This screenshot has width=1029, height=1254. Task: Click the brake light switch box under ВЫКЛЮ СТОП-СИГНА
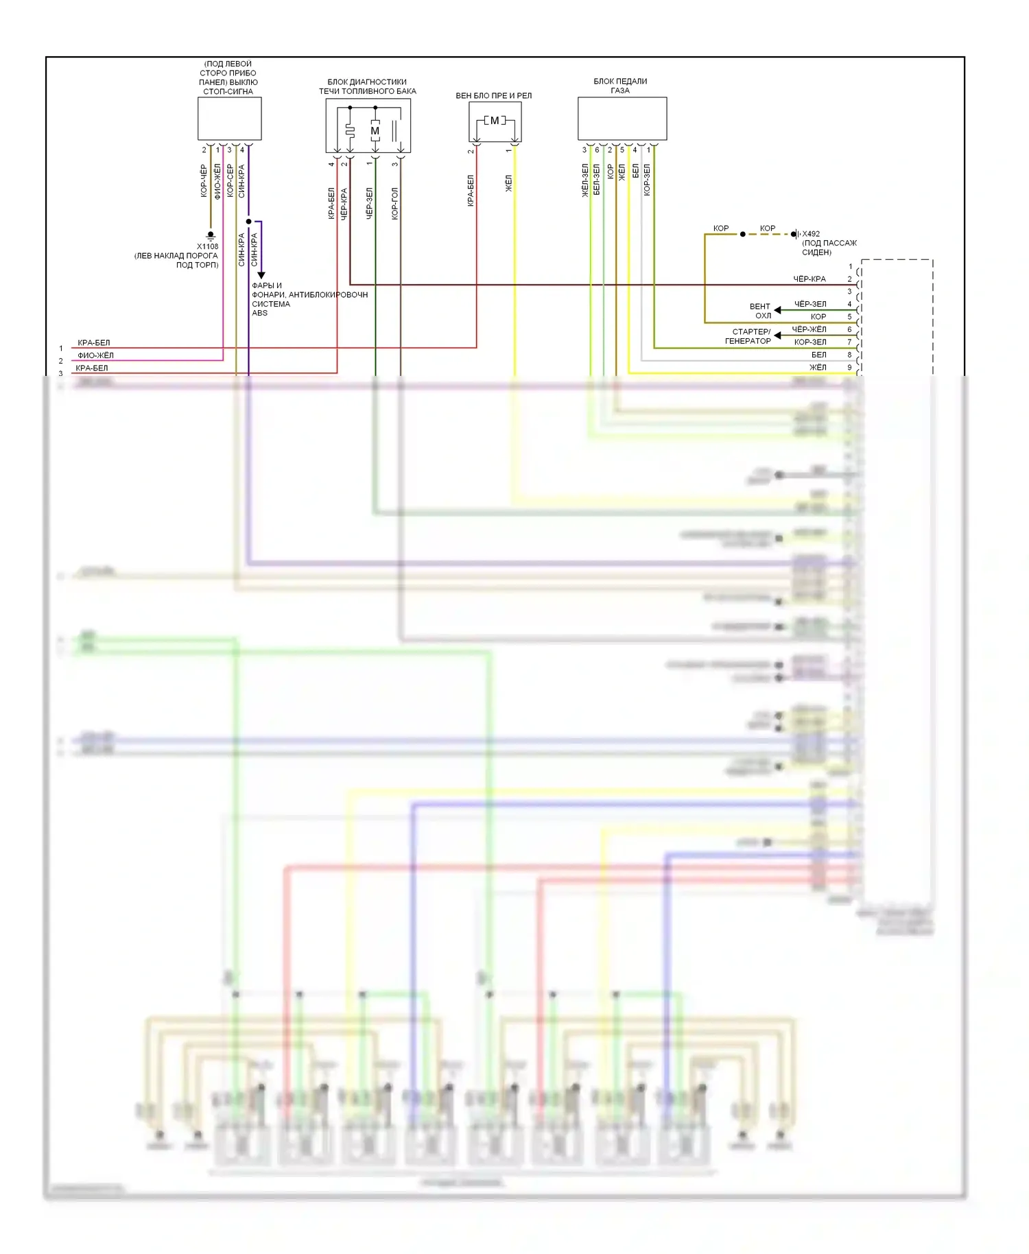click(x=229, y=118)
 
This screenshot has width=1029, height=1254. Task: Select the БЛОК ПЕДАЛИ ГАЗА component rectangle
click(x=622, y=118)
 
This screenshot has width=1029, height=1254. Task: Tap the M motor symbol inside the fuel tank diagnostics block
click(x=375, y=130)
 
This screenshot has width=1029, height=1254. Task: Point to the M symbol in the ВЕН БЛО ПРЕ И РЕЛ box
click(x=495, y=121)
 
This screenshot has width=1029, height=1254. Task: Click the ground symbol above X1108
click(x=211, y=235)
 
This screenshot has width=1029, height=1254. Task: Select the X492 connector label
click(x=811, y=234)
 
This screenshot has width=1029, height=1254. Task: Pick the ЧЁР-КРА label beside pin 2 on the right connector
click(x=809, y=279)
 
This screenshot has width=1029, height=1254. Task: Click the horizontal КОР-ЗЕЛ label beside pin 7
click(x=810, y=342)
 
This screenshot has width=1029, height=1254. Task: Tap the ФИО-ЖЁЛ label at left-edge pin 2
click(x=95, y=355)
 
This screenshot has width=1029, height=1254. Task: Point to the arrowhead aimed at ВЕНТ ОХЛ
click(x=777, y=310)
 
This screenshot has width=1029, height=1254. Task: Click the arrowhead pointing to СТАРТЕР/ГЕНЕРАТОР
click(x=777, y=335)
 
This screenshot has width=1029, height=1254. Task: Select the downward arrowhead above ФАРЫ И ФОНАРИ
click(x=261, y=275)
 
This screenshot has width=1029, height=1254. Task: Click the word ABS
click(x=259, y=313)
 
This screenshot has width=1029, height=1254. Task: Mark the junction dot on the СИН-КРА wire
click(x=248, y=222)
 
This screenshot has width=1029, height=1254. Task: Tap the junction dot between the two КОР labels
click(x=742, y=234)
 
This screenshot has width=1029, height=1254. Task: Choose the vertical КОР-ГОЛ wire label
click(x=394, y=203)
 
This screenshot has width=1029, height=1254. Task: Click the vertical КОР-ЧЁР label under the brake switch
click(x=204, y=181)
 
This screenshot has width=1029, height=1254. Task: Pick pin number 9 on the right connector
click(x=849, y=368)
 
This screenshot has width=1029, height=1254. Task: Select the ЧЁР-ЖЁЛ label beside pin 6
click(x=809, y=329)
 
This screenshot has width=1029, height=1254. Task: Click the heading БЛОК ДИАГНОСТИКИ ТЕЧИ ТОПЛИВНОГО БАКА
click(x=367, y=86)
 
